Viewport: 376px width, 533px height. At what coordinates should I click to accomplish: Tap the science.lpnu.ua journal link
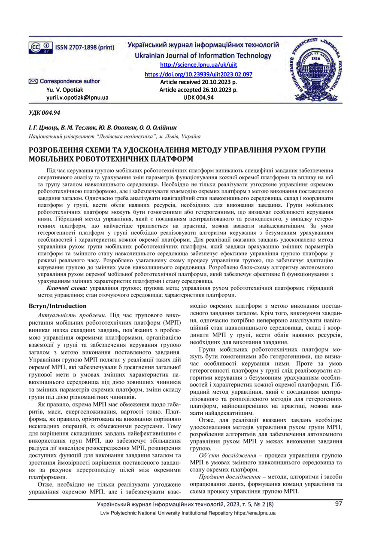pos(198,65)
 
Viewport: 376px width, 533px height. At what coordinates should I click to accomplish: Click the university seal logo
pos(318,69)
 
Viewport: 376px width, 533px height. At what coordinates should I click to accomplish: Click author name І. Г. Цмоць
pos(42,128)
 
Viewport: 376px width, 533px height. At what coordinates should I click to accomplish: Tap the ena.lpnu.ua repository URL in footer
pos(254,513)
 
